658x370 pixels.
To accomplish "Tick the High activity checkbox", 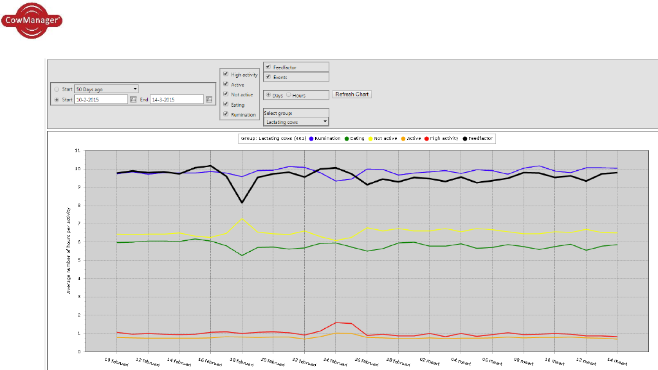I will (226, 75).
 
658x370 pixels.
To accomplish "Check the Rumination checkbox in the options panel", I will (226, 114).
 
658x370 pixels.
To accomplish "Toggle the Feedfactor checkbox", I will (268, 67).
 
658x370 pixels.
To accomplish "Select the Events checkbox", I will (268, 77).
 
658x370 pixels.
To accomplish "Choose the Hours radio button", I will (289, 95).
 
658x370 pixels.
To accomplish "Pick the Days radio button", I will (268, 95).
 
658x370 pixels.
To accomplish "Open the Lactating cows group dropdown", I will (296, 121).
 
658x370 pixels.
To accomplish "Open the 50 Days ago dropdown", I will (106, 89).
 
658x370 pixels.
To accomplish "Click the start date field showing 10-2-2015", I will (100, 100).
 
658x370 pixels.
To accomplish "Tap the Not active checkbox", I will (226, 94).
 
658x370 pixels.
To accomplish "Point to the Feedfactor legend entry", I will (479, 138).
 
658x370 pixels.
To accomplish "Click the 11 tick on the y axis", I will (77, 150).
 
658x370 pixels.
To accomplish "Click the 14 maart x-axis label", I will (616, 362).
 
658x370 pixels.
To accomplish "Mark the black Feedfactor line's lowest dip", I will (242, 203).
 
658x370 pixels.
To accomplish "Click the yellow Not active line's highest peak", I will (242, 219).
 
